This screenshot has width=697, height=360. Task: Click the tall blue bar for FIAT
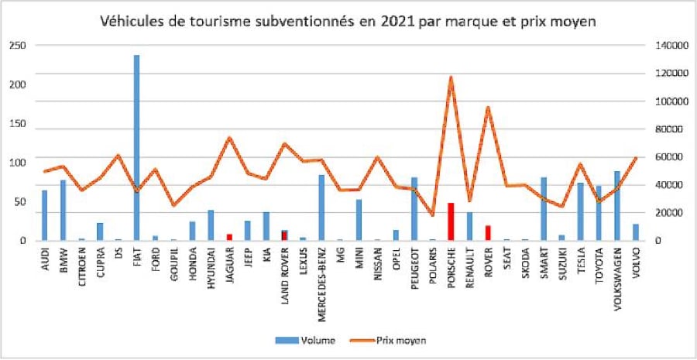[136, 147]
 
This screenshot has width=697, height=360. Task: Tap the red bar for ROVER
[488, 233]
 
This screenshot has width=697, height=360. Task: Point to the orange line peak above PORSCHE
[450, 77]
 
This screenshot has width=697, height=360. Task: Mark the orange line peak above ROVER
[488, 108]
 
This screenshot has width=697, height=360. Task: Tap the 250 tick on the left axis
[18, 46]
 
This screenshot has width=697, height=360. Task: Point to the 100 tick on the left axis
[18, 163]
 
